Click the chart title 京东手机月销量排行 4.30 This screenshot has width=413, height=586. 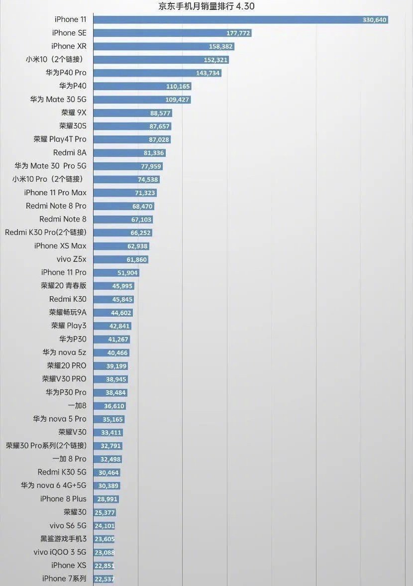point(206,6)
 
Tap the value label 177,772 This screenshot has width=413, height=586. point(238,33)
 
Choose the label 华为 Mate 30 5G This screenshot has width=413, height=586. point(58,100)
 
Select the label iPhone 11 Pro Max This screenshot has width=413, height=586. point(55,193)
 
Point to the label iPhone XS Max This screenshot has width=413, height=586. point(60,246)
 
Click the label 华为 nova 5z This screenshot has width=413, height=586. point(64,352)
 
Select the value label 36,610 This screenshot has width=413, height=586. point(114,406)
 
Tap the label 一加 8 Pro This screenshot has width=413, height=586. point(69,459)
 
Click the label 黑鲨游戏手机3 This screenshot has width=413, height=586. point(63,539)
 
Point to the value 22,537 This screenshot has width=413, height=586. point(104,579)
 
